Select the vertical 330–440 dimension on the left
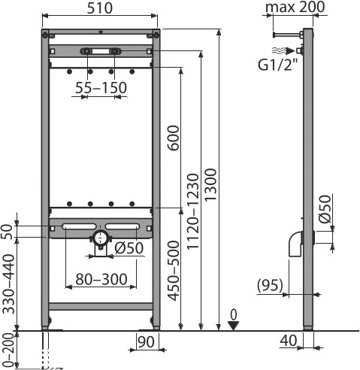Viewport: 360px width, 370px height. tap(10, 284)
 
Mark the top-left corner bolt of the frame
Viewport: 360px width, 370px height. tap(47, 35)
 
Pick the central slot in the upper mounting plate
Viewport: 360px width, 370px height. tap(100, 51)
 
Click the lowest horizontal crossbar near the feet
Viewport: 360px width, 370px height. tap(101, 306)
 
